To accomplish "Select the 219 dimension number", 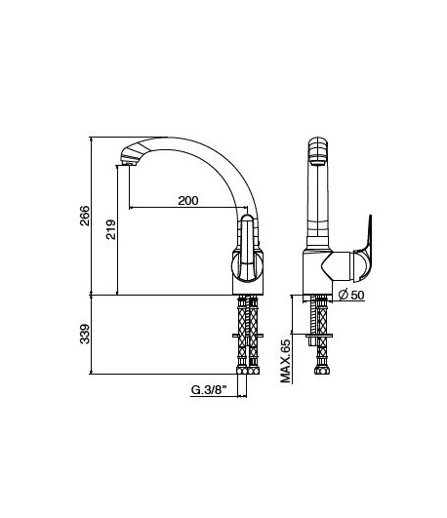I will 110,230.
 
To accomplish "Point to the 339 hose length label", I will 85,335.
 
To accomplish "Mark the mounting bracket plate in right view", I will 318,339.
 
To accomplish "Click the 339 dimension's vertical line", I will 94,335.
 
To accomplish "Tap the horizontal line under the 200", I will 185,208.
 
